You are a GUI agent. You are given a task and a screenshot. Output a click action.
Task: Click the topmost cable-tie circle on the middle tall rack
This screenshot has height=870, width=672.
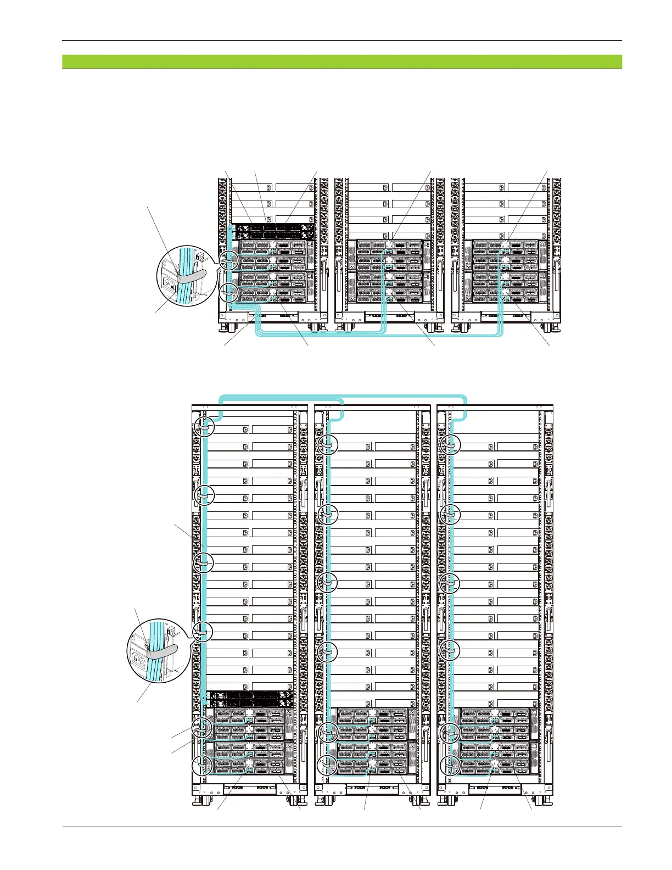328,443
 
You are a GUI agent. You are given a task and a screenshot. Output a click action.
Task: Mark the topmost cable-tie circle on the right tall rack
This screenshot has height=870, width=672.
451,443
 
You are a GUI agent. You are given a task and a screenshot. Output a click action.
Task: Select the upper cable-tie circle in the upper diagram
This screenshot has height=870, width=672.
227,260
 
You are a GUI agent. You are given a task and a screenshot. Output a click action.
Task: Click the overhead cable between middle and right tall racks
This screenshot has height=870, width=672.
404,397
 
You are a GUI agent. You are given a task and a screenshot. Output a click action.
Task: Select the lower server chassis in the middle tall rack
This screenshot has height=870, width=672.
371,759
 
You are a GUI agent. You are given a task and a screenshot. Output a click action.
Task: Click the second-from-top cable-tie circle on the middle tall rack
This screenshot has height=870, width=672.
328,513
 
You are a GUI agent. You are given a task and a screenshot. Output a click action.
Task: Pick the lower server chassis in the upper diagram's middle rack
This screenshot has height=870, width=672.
389,287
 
